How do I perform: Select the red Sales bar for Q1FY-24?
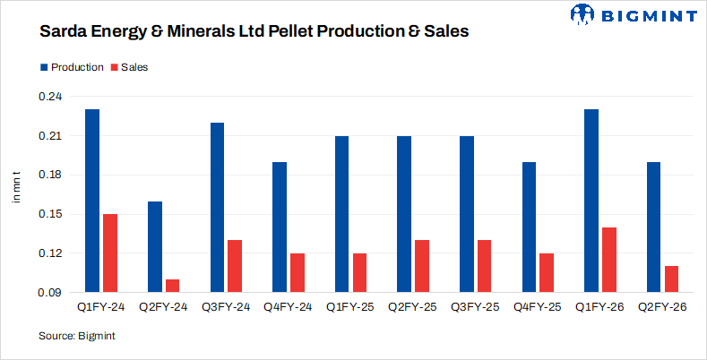(109, 253)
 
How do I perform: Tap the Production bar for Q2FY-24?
(155, 246)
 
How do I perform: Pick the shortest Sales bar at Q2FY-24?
(172, 285)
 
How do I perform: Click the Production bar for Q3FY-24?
(217, 207)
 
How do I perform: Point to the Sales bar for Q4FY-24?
(297, 272)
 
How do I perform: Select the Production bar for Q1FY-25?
(341, 213)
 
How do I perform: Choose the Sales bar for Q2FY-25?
(421, 265)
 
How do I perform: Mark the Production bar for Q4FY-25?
(529, 227)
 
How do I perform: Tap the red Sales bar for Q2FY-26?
(671, 279)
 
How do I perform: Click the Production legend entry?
(71, 67)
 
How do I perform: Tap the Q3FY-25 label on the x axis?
(475, 308)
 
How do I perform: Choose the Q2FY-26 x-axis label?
(662, 308)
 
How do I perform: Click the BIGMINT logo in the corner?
(633, 15)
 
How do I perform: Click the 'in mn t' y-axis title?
(16, 185)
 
